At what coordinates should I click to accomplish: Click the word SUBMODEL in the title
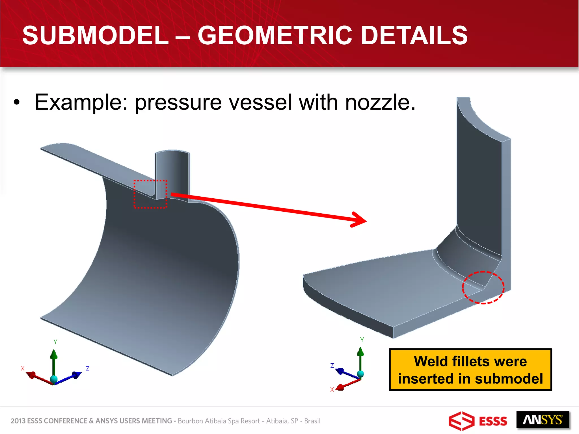click(x=95, y=36)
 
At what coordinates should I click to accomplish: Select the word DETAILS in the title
click(x=414, y=36)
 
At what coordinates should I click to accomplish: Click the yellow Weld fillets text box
click(x=470, y=370)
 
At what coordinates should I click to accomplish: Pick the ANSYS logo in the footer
click(x=543, y=420)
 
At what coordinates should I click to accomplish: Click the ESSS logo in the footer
click(x=478, y=421)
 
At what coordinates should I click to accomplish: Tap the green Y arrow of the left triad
click(x=54, y=362)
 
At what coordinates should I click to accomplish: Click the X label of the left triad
click(x=23, y=368)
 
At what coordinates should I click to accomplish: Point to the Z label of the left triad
click(x=88, y=368)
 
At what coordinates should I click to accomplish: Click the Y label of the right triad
click(x=362, y=339)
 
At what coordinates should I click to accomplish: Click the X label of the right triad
click(x=332, y=389)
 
